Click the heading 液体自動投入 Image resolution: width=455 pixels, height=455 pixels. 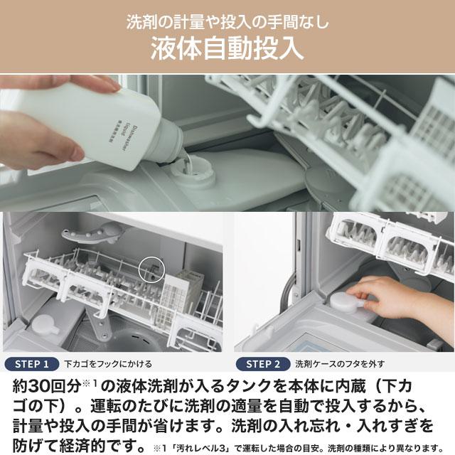pyautogui.click(x=227, y=50)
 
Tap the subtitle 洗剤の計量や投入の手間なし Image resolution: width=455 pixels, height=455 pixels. pyautogui.click(x=227, y=21)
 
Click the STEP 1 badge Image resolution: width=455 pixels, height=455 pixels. pyautogui.click(x=32, y=364)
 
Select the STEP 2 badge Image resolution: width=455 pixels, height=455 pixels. pyautogui.click(x=263, y=364)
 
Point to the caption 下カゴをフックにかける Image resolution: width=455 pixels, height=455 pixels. pyautogui.click(x=108, y=364)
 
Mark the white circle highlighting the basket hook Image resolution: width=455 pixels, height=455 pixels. pyautogui.click(x=151, y=268)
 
